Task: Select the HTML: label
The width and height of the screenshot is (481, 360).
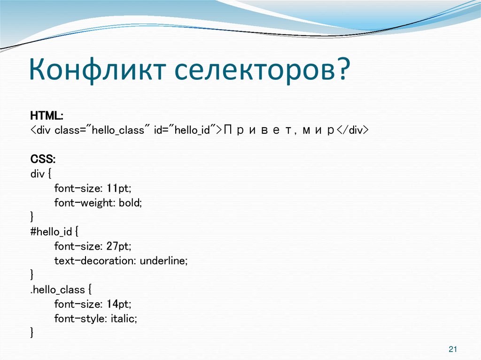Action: (x=47, y=115)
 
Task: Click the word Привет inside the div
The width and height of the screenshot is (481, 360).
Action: (x=258, y=130)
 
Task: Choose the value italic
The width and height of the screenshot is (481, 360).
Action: (x=124, y=319)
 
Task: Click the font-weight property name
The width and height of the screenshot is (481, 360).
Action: (x=85, y=202)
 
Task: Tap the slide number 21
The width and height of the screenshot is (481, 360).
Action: (x=453, y=349)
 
